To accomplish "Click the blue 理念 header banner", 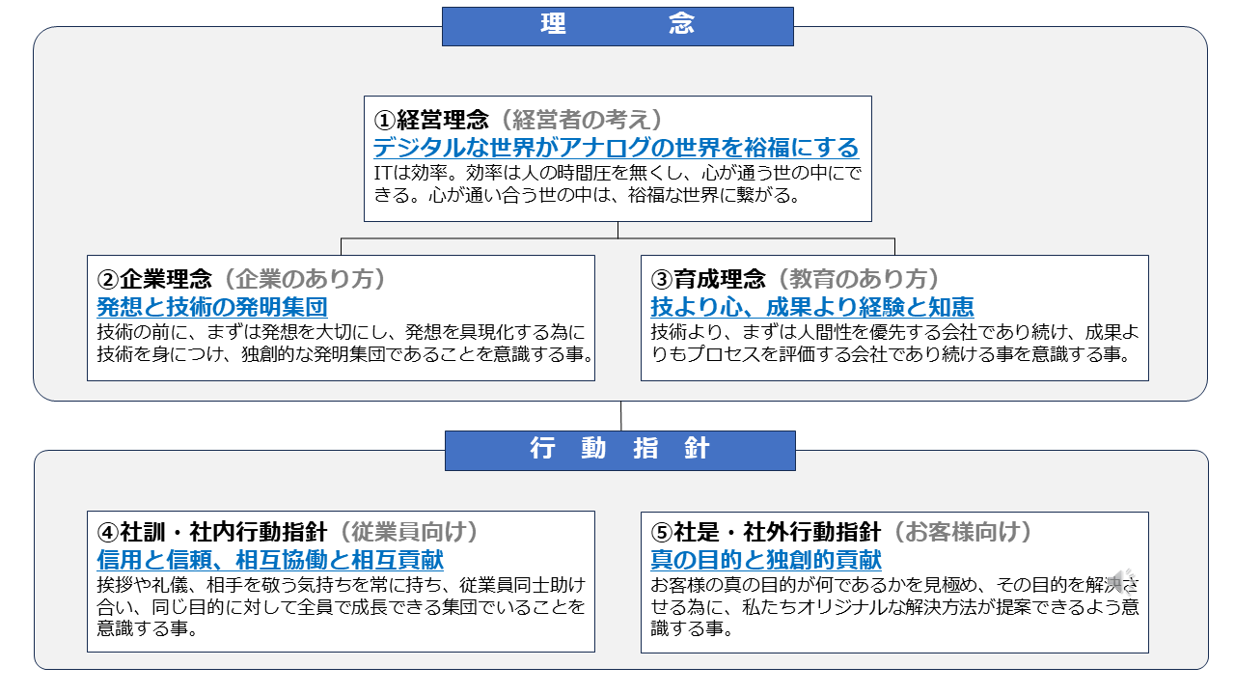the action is (617, 26).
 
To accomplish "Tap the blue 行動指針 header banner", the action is (619, 450).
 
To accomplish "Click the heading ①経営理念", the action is (431, 119).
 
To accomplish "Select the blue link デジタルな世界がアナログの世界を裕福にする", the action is (616, 148).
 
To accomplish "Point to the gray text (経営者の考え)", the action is (581, 119).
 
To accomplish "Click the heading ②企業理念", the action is (154, 279).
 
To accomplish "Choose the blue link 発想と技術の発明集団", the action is (212, 307).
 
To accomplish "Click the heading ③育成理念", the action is (708, 279).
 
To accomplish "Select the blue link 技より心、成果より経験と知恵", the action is (812, 307).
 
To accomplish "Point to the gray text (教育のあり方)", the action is (858, 279).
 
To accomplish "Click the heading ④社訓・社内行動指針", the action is (212, 532).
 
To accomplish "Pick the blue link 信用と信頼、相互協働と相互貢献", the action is (270, 560).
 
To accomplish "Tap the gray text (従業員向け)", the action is (408, 532).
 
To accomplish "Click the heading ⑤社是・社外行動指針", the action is (766, 532).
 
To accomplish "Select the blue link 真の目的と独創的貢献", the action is (766, 560).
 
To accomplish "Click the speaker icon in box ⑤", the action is (1122, 580).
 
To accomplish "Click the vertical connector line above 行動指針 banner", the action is (620, 416).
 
